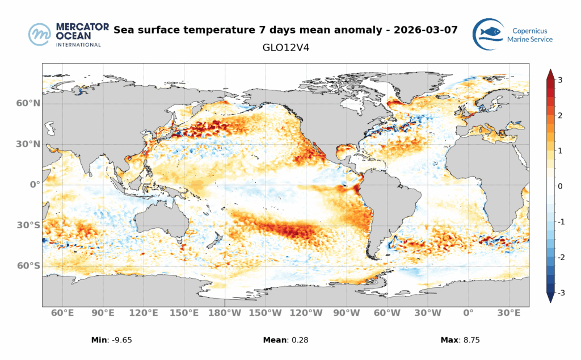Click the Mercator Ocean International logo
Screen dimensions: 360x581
click(x=65, y=35)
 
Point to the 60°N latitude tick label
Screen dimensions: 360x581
click(x=28, y=103)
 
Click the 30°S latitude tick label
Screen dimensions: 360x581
click(x=28, y=225)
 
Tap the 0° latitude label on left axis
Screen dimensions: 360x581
click(x=35, y=185)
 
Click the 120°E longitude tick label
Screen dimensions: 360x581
click(x=144, y=313)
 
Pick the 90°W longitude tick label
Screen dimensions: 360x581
click(x=346, y=313)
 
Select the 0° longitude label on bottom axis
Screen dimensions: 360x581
click(x=468, y=313)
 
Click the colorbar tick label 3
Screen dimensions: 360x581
click(x=560, y=80)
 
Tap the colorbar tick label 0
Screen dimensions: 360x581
click(x=560, y=186)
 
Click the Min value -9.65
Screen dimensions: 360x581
click(x=128, y=340)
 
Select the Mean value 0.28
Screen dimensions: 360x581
click(x=299, y=340)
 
